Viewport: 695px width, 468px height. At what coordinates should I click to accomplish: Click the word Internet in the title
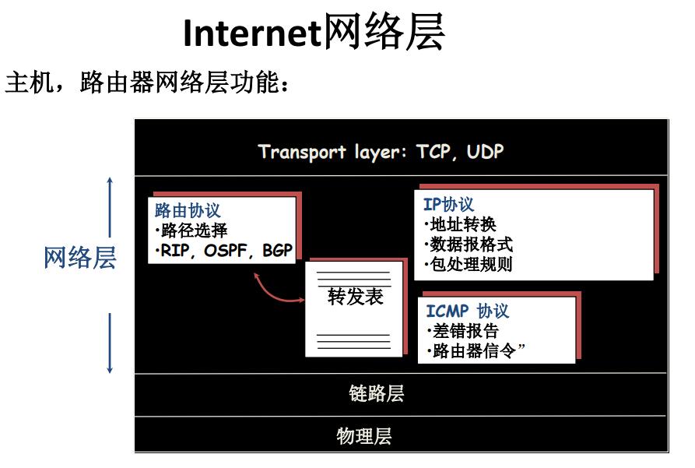251,33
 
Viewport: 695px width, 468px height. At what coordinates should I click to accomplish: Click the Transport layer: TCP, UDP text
381,152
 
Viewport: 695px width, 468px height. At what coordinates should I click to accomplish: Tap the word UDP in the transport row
486,152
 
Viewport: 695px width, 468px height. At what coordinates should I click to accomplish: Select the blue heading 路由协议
188,210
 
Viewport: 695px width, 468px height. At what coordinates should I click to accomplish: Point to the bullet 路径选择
191,230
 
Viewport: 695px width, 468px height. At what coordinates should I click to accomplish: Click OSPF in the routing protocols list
225,250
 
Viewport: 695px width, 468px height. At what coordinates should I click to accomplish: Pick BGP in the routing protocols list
278,250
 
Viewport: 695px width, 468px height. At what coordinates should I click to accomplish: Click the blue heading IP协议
448,205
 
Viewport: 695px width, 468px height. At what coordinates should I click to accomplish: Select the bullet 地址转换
460,224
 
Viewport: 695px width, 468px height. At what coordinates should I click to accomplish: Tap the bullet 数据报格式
469,245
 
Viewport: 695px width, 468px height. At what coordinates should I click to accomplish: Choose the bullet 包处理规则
469,265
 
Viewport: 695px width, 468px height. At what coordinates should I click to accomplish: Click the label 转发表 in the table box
355,297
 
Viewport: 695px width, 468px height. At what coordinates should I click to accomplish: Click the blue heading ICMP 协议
467,311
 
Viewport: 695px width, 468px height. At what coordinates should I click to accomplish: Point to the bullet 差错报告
463,331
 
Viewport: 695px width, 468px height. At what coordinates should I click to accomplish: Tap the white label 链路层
377,393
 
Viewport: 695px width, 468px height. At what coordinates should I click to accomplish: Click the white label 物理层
364,436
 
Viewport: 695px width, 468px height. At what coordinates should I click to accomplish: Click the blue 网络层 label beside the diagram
80,258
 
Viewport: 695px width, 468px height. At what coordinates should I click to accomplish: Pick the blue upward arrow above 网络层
110,207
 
